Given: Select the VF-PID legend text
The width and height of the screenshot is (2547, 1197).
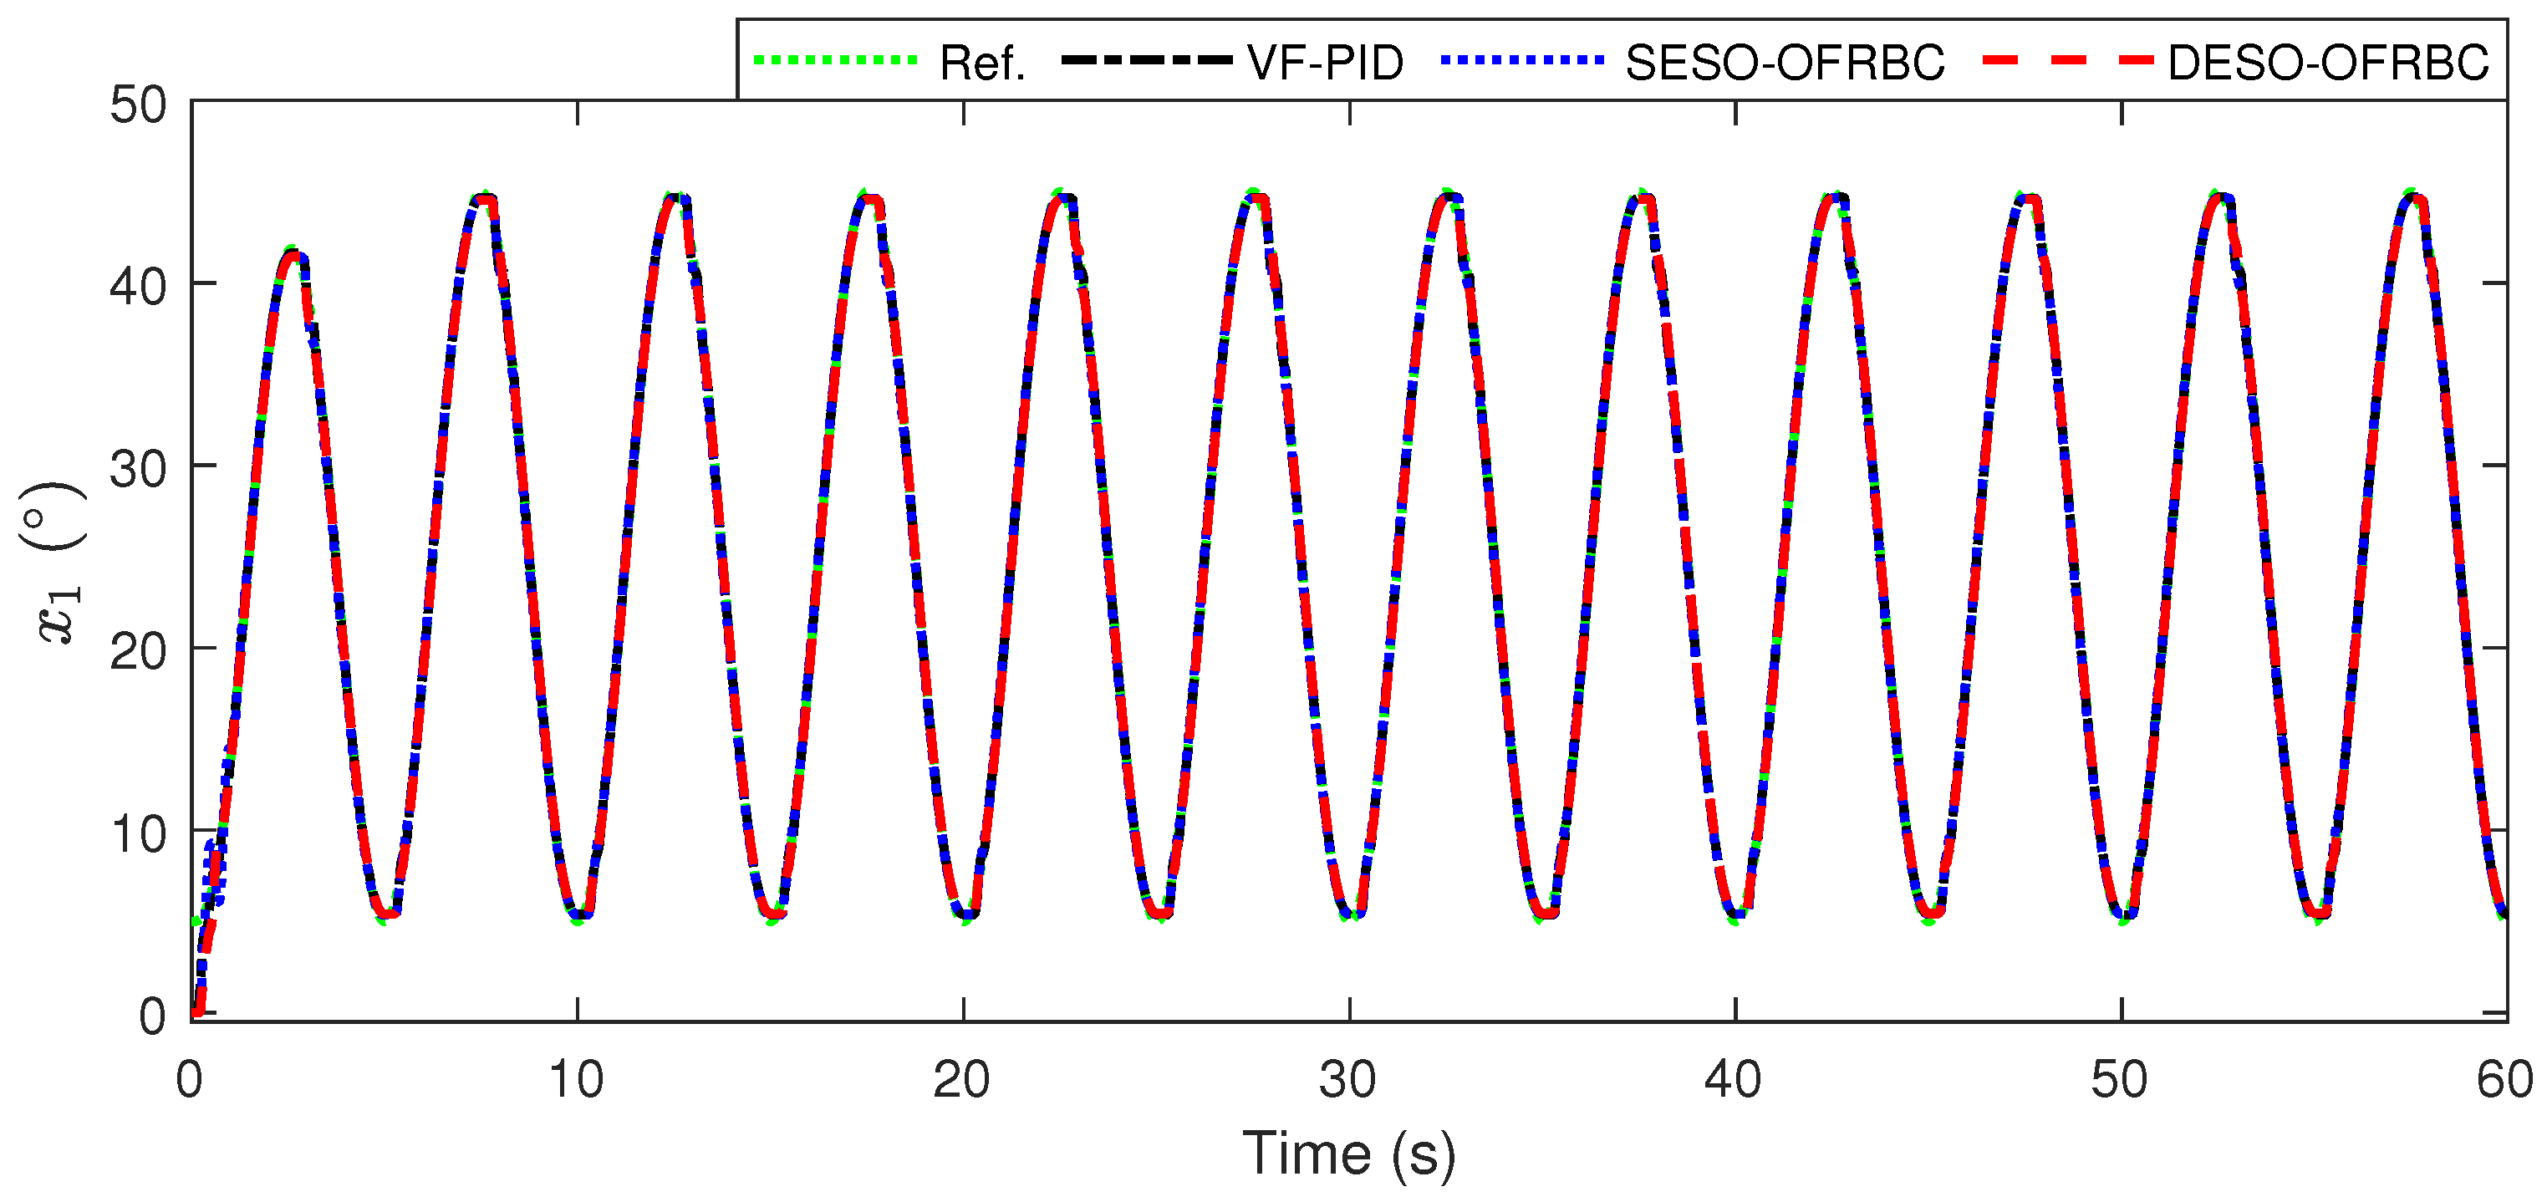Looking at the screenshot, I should [x=1324, y=64].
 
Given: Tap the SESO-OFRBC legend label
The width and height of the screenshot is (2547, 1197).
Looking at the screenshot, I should [x=1785, y=64].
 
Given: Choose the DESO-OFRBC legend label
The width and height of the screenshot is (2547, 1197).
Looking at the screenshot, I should [x=2327, y=64].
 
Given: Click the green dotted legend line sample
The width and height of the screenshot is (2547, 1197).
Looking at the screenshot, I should [x=836, y=60].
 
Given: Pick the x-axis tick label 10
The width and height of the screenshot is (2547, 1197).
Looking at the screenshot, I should [x=577, y=1079].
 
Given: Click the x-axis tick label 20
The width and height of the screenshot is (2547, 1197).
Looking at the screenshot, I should [x=962, y=1079].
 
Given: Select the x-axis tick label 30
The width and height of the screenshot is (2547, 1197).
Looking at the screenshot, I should [x=1347, y=1079].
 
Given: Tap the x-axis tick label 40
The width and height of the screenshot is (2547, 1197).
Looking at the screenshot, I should [x=1734, y=1079].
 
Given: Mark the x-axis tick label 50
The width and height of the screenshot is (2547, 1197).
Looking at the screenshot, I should [x=2119, y=1079].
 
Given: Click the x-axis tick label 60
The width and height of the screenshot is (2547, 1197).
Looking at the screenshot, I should [x=2504, y=1079].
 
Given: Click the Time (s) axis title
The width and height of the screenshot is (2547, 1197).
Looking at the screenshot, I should [x=1348, y=1154].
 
